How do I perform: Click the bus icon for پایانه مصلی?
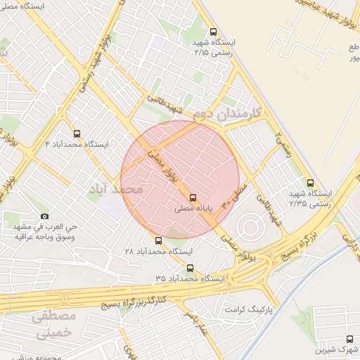pos(193,198)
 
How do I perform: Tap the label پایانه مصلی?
pos(194,210)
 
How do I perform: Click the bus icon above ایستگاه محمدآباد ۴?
pos(76,133)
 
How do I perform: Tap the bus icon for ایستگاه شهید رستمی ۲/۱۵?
pos(214,32)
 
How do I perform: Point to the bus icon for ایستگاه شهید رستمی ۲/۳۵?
pos(311,183)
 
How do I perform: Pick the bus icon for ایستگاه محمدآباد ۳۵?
pos(190,267)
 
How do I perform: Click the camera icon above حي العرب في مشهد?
pos(45,216)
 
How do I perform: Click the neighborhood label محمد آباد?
pos(117,190)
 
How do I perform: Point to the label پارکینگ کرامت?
pos(247,309)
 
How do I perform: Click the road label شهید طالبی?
pos(169,105)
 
